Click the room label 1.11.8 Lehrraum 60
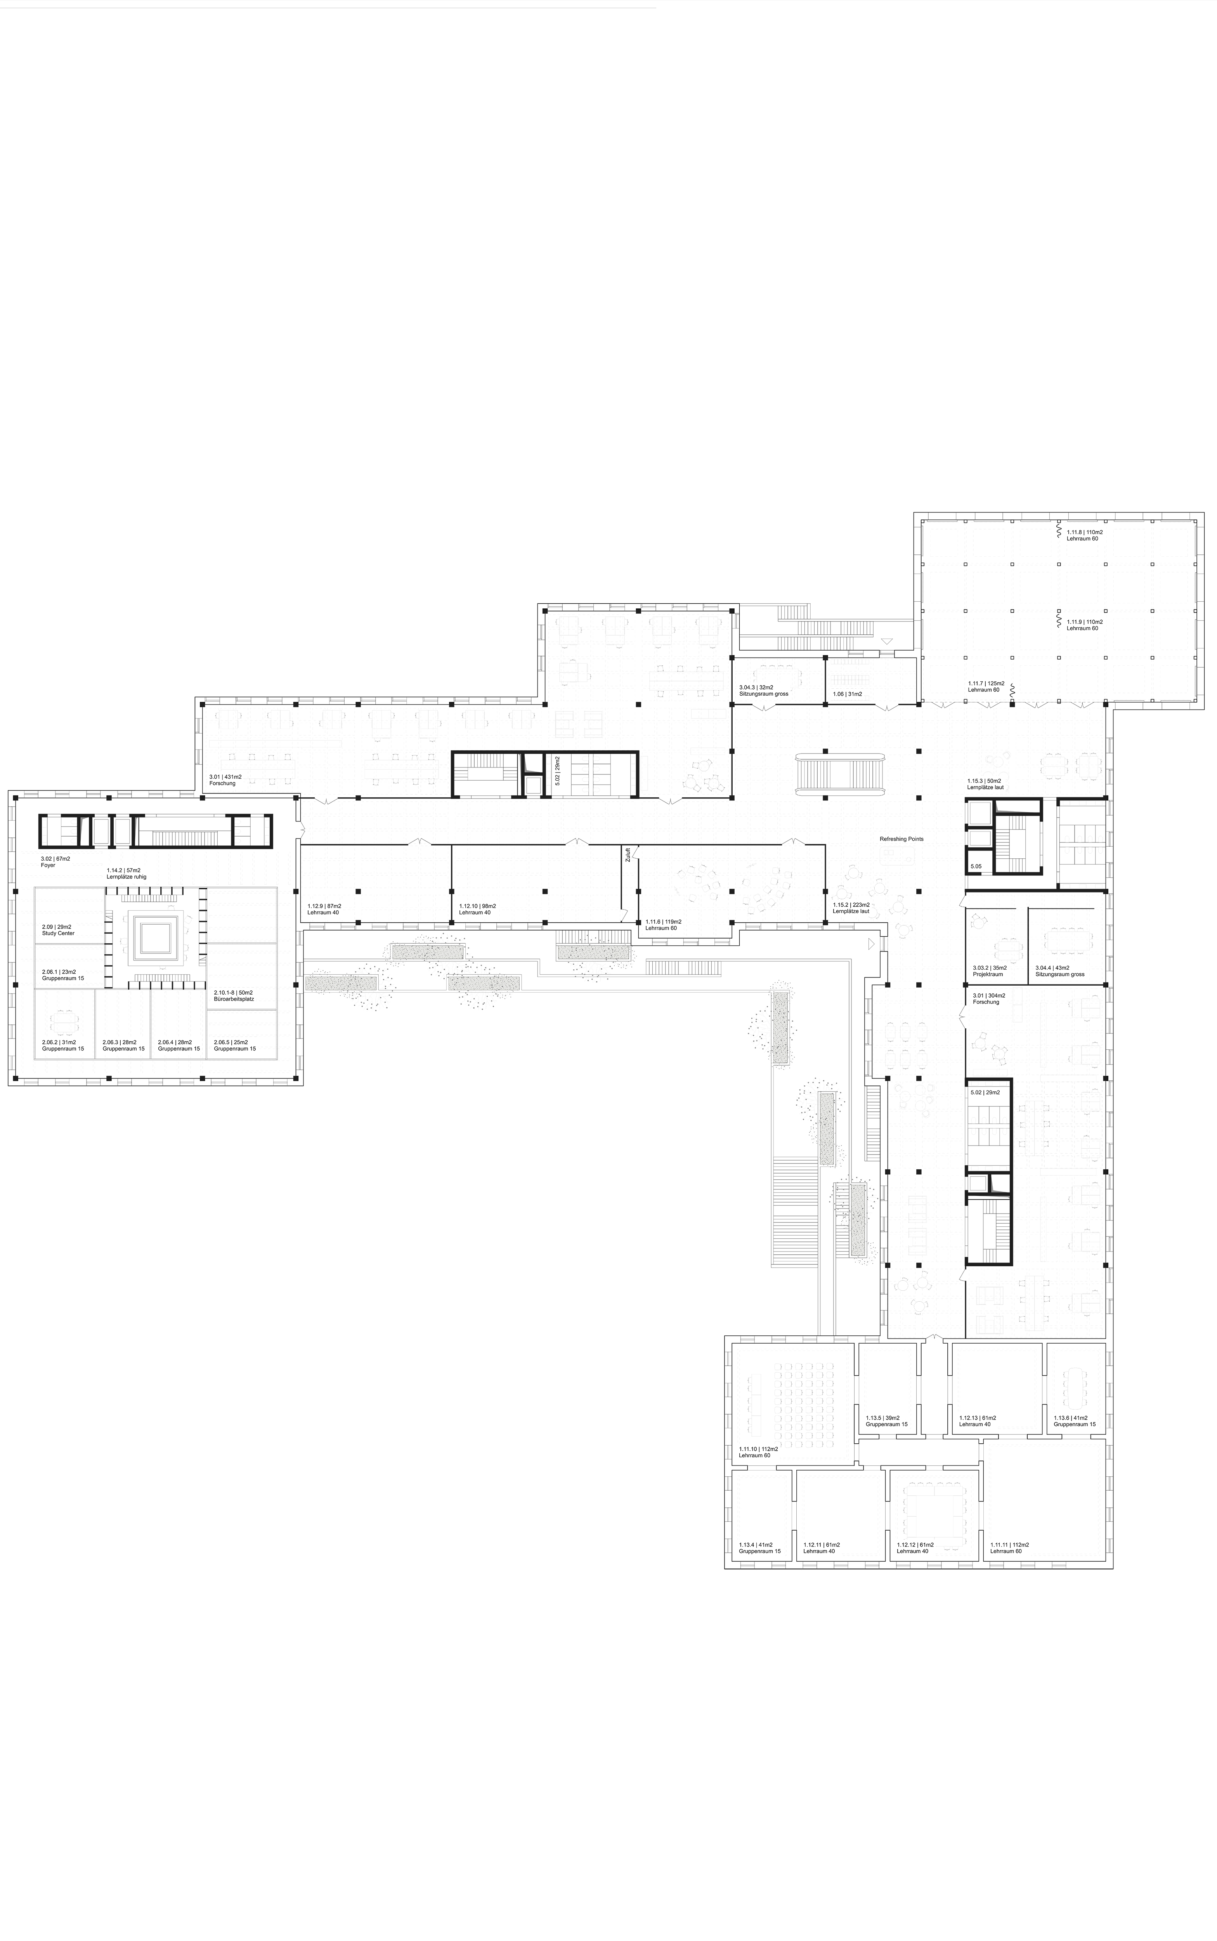(1084, 535)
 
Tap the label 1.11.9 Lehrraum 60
(1084, 625)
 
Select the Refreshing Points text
(901, 839)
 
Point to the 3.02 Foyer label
(55, 861)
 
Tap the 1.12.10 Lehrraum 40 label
(477, 909)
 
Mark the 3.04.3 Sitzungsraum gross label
(763, 690)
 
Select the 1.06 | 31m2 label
(848, 693)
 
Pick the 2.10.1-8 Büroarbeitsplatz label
(233, 995)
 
